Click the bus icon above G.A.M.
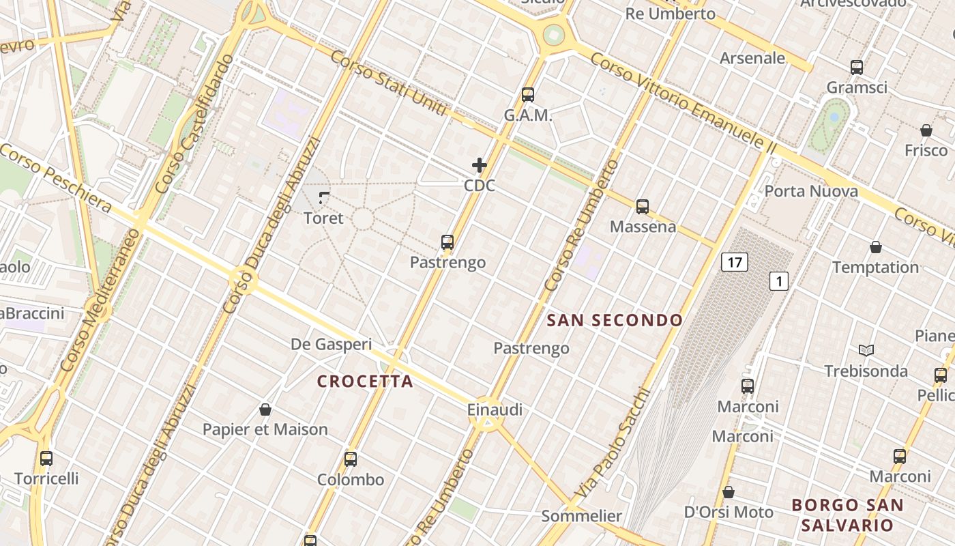(x=528, y=95)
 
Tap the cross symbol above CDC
(x=480, y=165)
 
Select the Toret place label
(x=323, y=218)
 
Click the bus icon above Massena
(x=642, y=206)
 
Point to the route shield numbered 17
(x=734, y=261)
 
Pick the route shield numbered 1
(x=779, y=281)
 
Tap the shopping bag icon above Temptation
(x=876, y=247)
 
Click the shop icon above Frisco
(x=926, y=130)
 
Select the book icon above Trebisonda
(x=866, y=351)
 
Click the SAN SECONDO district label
(x=615, y=320)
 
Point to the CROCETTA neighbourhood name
(x=366, y=382)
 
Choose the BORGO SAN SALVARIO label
(x=847, y=515)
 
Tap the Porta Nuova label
(x=811, y=191)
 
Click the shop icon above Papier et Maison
(x=265, y=409)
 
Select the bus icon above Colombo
(x=351, y=459)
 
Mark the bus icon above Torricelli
(x=46, y=459)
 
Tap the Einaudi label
(x=495, y=409)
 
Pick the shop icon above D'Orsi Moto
(x=729, y=492)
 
